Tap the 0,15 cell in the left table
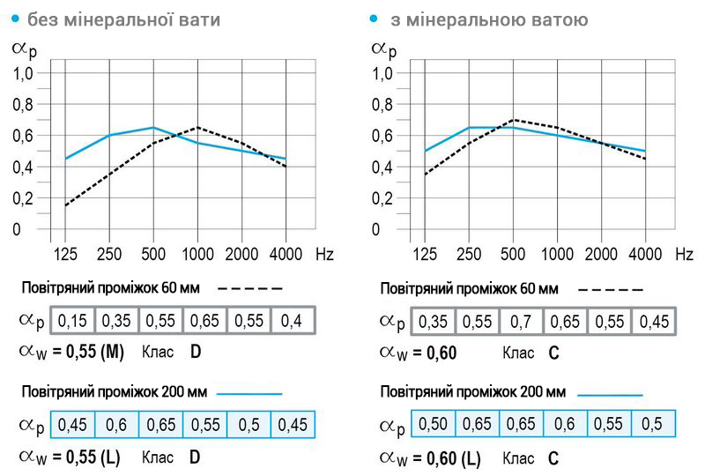pos(72,322)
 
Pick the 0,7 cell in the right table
pos(521,322)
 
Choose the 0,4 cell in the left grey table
pos(293,322)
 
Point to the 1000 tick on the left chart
pos(197,254)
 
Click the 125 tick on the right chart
pos(425,254)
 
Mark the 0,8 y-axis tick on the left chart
pos(23,105)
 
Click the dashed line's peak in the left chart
pos(197,127)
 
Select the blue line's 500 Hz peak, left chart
pos(153,127)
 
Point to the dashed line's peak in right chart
pos(513,119)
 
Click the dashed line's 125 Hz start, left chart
pos(65,205)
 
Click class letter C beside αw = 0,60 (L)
pos(553,457)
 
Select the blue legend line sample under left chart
pos(249,393)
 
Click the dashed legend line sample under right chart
pos(612,289)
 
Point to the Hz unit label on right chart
pos(684,254)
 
